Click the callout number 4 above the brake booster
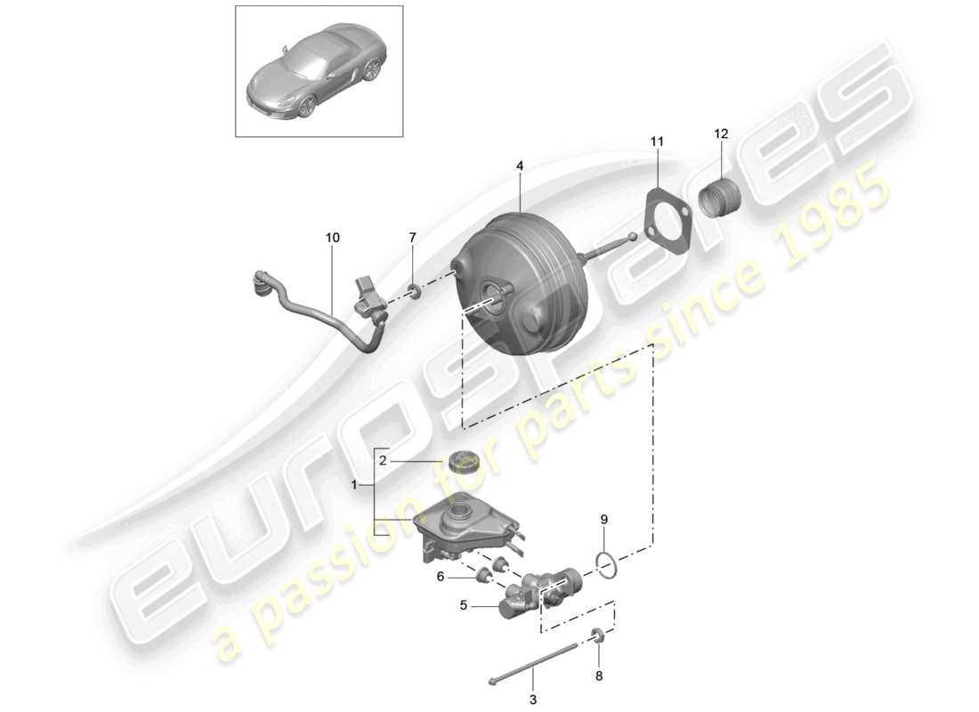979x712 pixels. click(x=520, y=165)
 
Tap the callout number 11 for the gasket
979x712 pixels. click(x=657, y=142)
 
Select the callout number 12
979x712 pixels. click(x=720, y=133)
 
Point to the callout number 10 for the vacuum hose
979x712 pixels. click(x=333, y=238)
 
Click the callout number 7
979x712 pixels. click(x=412, y=238)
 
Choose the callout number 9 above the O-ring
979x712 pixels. click(x=604, y=519)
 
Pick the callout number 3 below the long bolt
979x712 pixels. click(x=533, y=700)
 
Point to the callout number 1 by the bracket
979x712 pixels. click(x=356, y=486)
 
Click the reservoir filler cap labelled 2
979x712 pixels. click(x=465, y=462)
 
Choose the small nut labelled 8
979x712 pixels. click(x=599, y=635)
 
